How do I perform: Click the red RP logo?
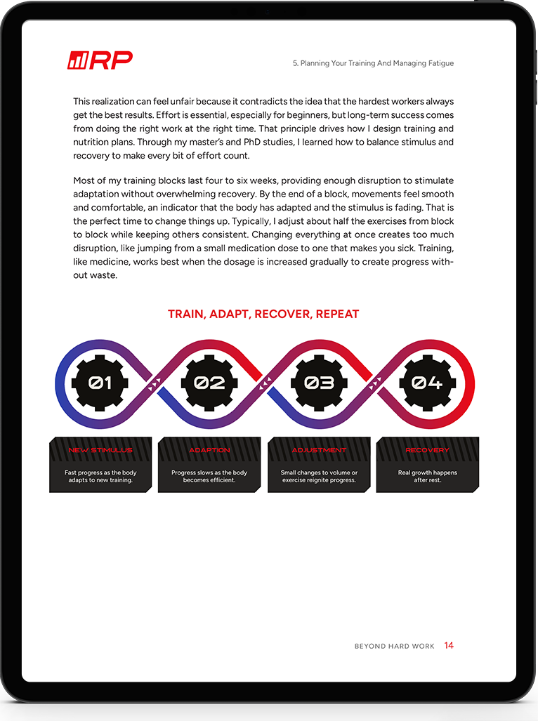pos(100,61)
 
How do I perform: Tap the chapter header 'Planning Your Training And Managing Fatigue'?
pos(373,63)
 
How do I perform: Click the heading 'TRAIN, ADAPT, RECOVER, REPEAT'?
pos(263,314)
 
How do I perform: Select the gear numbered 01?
pos(100,383)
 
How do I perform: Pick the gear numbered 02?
pos(209,383)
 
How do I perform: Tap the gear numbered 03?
pos(318,383)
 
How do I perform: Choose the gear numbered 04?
pos(427,383)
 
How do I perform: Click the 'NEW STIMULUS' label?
pos(100,450)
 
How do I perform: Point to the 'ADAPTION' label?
pos(209,450)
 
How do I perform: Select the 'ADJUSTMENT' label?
pos(319,450)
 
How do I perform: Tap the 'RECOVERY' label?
pos(427,450)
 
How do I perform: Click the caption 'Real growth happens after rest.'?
pos(427,477)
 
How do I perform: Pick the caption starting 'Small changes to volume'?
pos(319,477)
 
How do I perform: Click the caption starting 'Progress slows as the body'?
pos(209,477)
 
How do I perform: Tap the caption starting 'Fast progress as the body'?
pos(100,477)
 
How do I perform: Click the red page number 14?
pos(449,645)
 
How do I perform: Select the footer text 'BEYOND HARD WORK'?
pos(394,646)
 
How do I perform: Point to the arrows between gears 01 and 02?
pos(155,383)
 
